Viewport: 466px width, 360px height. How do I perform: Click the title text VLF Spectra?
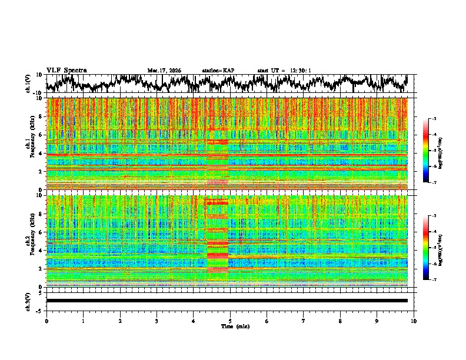[66, 71]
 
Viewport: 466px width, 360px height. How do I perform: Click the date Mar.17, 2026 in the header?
[164, 71]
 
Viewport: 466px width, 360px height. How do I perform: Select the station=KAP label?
[218, 71]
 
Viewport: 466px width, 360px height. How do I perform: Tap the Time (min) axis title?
[235, 326]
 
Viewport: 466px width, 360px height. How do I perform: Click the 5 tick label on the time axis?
[230, 321]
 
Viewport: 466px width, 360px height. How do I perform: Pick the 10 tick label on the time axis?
[414, 321]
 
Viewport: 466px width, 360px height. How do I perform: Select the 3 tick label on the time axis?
[157, 321]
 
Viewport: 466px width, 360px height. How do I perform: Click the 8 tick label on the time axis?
[340, 321]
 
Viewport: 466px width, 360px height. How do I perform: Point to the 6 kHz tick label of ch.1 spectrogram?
[40, 135]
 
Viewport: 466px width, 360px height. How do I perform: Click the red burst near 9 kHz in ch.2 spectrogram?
[216, 202]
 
